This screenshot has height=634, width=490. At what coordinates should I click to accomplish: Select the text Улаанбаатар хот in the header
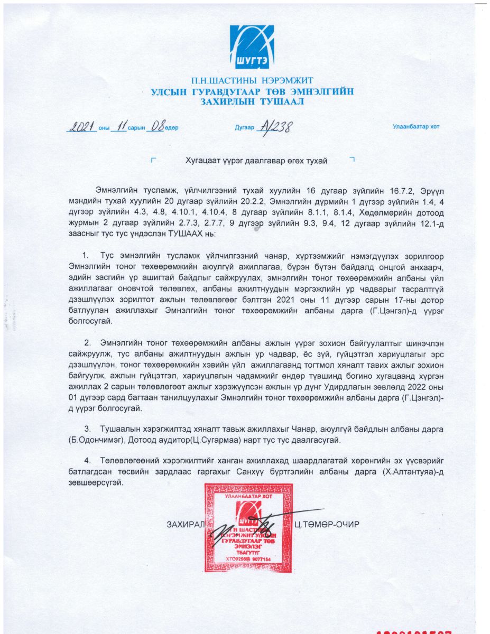click(x=415, y=127)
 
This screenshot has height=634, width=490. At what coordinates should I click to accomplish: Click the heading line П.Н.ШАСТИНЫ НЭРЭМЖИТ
click(x=252, y=80)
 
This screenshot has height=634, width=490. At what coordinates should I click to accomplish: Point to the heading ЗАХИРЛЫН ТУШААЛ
click(x=252, y=102)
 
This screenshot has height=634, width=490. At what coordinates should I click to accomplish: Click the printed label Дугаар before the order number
click(x=244, y=127)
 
